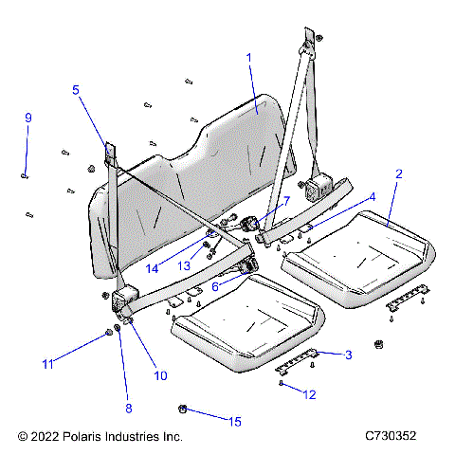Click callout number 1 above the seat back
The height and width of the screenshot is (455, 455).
249,58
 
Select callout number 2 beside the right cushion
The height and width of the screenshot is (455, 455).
399,174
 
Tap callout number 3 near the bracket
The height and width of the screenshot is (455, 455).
348,355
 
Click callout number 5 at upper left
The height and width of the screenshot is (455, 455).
76,91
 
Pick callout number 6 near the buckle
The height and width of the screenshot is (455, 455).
216,285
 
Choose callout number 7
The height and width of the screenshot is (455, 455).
283,201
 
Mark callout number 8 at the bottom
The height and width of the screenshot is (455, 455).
128,409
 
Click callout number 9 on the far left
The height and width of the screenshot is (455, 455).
28,118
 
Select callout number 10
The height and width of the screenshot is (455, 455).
160,375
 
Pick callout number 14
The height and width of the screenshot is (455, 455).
152,268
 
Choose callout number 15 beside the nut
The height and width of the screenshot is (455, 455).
235,420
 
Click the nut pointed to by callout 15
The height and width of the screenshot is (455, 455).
181,409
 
